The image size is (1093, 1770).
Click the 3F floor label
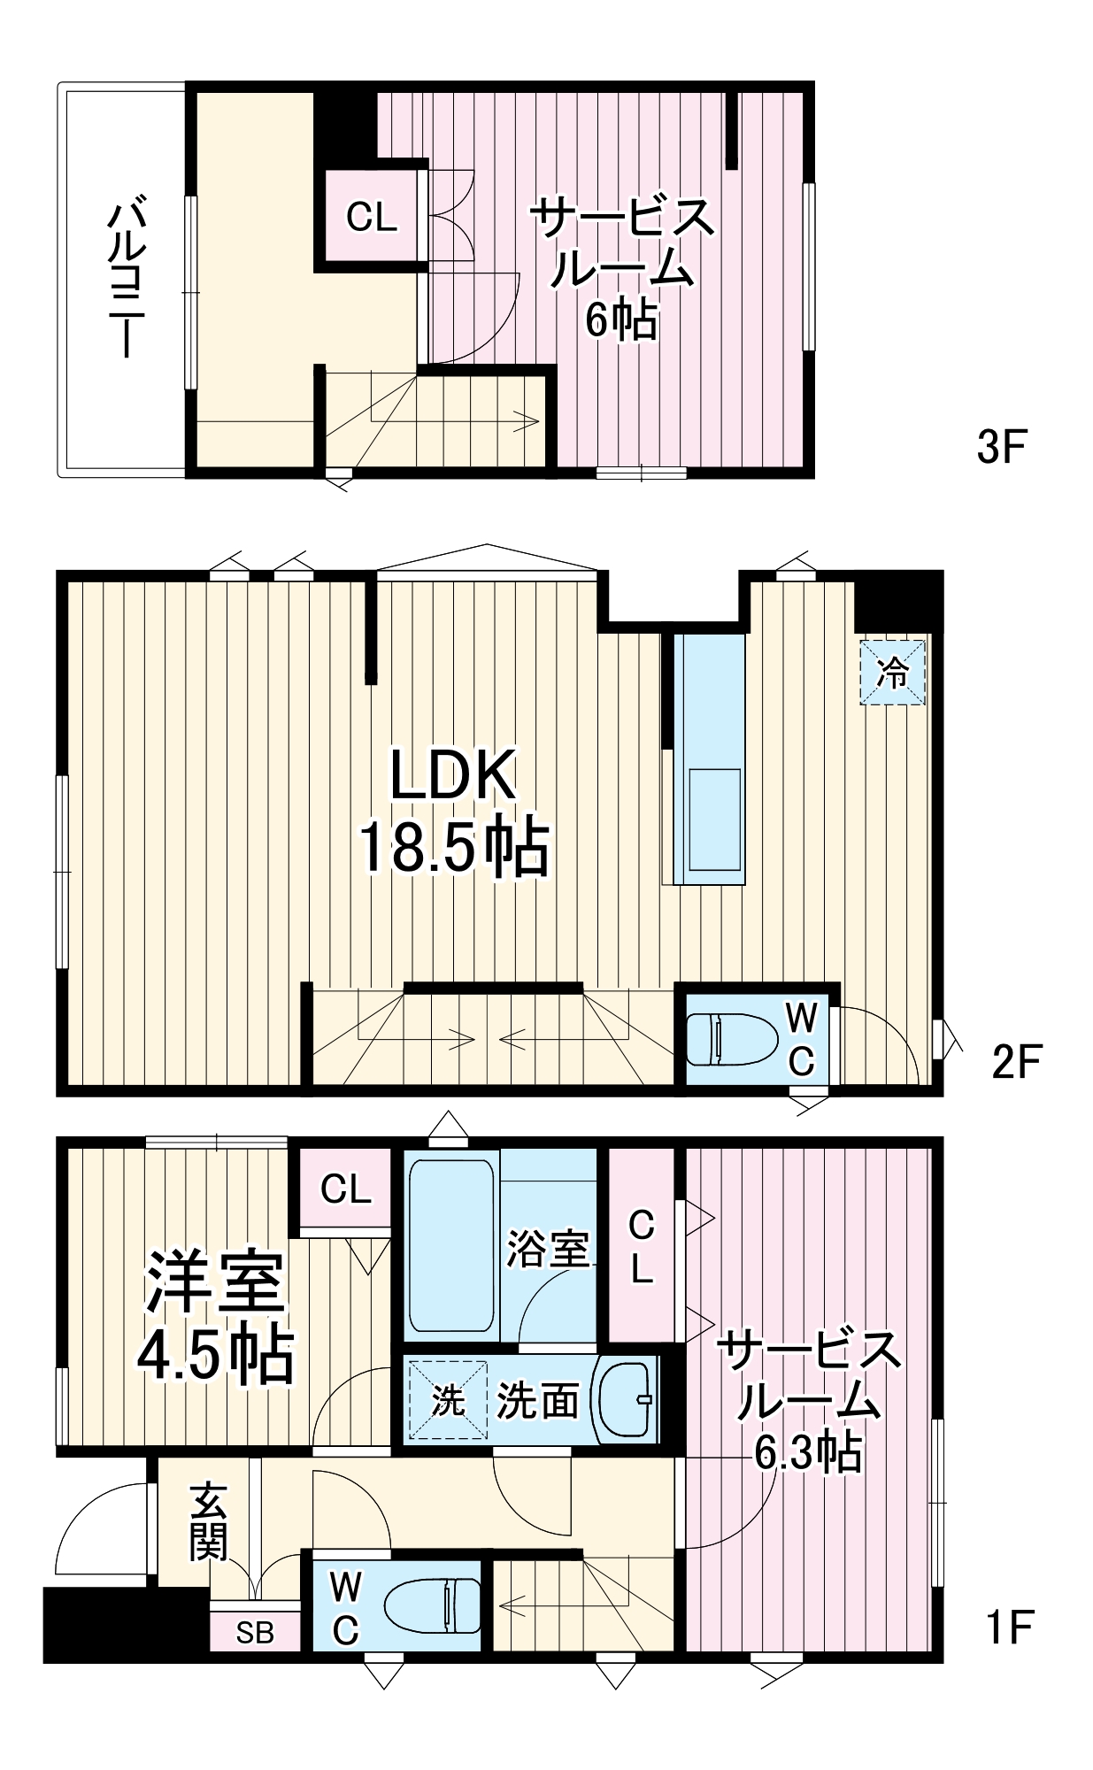[1000, 448]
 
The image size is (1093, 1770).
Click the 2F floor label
[1017, 1061]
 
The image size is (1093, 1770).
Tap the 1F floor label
[1010, 1626]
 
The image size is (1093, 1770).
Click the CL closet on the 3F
[372, 216]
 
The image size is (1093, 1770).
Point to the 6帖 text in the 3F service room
[621, 320]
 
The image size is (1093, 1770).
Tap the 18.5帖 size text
[453, 848]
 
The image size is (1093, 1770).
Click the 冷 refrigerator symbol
[893, 673]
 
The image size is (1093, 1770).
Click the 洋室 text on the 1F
[216, 1283]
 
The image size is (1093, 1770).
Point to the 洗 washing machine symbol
[448, 1401]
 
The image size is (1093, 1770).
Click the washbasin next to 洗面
[626, 1399]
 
